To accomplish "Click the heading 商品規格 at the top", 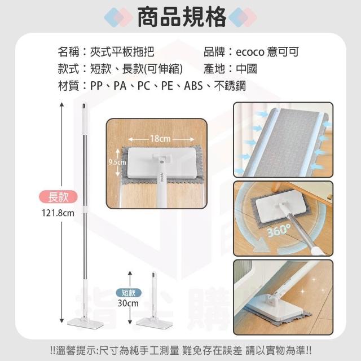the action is (x=182, y=17).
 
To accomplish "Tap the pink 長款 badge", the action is (x=58, y=197).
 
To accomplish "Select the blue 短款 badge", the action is (x=129, y=293).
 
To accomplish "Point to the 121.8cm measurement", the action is (x=58, y=213).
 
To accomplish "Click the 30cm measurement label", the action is (x=128, y=303).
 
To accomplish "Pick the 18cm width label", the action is (x=160, y=139).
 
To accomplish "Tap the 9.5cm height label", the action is (x=117, y=162).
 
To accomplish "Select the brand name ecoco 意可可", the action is (x=267, y=52).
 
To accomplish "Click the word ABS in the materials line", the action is (x=193, y=86).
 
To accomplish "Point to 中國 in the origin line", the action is (x=246, y=69).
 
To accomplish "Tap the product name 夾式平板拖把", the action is (x=122, y=52).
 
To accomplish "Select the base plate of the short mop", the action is (x=154, y=323).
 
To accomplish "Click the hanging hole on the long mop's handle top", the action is (x=84, y=107).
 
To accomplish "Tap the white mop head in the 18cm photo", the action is (x=162, y=163).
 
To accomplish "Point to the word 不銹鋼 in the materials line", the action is (x=230, y=86).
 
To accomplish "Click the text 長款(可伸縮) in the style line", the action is (x=152, y=69).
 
